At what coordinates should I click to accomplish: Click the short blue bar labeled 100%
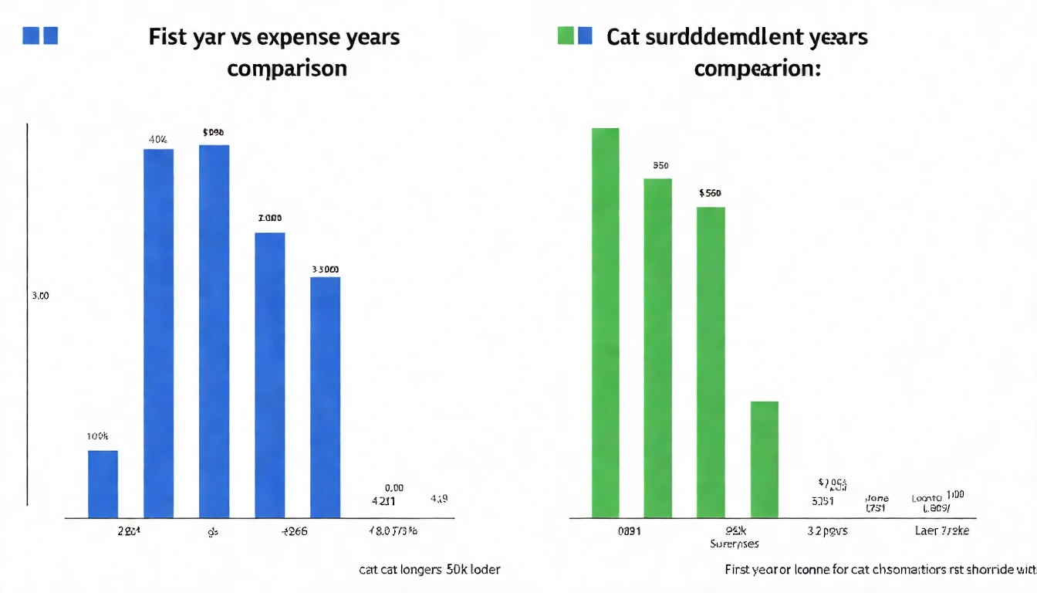(103, 483)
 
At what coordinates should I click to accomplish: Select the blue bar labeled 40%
(158, 333)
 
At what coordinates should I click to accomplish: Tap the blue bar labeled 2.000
(269, 374)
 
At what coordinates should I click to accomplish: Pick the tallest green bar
(605, 322)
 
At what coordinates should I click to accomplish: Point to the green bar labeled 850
(657, 347)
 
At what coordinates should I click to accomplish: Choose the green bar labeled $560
(711, 361)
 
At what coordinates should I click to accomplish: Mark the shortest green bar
(764, 459)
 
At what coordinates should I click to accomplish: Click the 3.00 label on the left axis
(39, 295)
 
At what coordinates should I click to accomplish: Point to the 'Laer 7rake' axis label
(942, 531)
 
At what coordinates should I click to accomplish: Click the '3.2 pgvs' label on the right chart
(828, 531)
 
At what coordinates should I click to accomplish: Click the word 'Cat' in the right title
(624, 37)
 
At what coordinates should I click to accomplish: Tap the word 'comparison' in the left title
(286, 68)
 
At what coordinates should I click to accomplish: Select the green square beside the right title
(566, 36)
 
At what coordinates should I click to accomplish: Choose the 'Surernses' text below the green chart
(734, 544)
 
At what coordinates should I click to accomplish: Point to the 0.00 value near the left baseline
(394, 488)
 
